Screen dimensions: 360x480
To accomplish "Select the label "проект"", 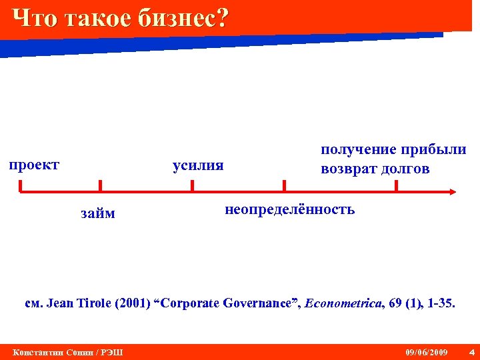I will point(34,164).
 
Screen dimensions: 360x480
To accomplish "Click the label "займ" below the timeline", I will point(97,213).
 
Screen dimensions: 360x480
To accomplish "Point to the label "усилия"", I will point(198,165).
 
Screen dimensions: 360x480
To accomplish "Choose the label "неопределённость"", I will point(290,210).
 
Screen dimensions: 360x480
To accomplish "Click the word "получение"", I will point(357,149).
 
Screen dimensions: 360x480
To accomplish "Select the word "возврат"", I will point(348,169).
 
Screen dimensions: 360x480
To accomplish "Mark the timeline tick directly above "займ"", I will point(100,186).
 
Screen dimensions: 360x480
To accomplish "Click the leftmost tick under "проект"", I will point(21,186).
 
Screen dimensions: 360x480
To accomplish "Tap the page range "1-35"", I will point(441,303).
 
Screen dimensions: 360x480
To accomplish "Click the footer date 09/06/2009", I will point(427,352).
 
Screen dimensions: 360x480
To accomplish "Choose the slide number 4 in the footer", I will point(471,352).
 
